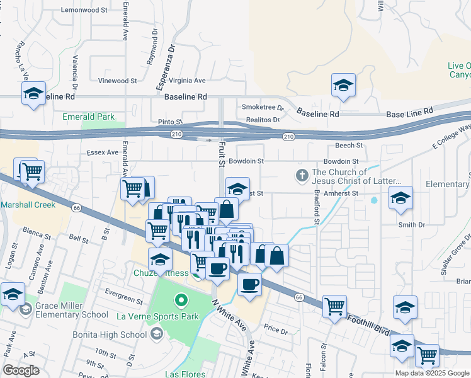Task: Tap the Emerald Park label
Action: tap(88, 117)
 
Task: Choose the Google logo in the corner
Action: tap(21, 370)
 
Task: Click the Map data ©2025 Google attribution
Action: tap(432, 373)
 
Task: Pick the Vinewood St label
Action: tap(117, 81)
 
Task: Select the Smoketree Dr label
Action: tap(263, 108)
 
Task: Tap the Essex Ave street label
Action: tap(103, 152)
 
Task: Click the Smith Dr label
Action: tap(412, 224)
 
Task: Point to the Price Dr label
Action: tap(275, 329)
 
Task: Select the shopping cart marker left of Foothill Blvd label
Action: tap(334, 307)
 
